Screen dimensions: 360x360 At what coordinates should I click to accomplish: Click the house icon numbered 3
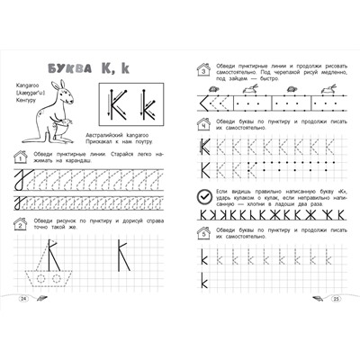203,68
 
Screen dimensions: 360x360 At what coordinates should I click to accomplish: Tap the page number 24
24,298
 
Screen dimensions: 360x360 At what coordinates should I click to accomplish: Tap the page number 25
334,298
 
